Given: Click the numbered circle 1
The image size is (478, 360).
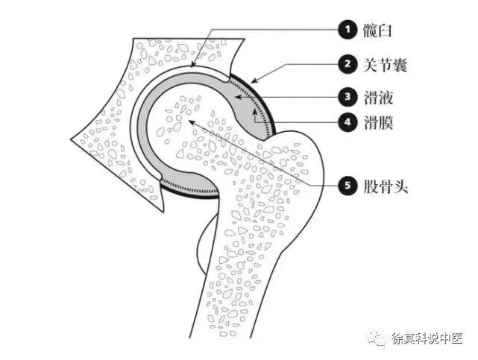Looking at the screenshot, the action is point(346,30).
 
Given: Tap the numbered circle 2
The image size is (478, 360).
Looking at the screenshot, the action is point(346,64).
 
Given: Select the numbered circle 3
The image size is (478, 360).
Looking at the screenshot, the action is point(346,96).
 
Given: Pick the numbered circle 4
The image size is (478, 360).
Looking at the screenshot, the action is point(346,121).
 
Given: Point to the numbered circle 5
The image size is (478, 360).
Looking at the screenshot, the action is point(346,186).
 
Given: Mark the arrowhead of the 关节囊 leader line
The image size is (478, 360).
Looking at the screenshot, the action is point(252,80).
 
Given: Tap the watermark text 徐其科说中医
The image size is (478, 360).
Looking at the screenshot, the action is point(427,339).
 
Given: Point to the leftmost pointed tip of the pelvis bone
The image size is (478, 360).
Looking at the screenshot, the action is point(72,139).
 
